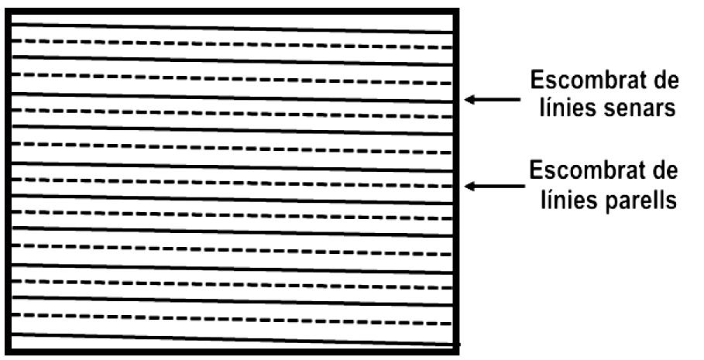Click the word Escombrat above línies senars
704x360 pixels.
[x=584, y=81]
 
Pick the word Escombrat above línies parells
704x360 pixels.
[x=584, y=170]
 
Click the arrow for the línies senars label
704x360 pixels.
[x=491, y=99]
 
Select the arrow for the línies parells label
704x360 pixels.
[x=491, y=186]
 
